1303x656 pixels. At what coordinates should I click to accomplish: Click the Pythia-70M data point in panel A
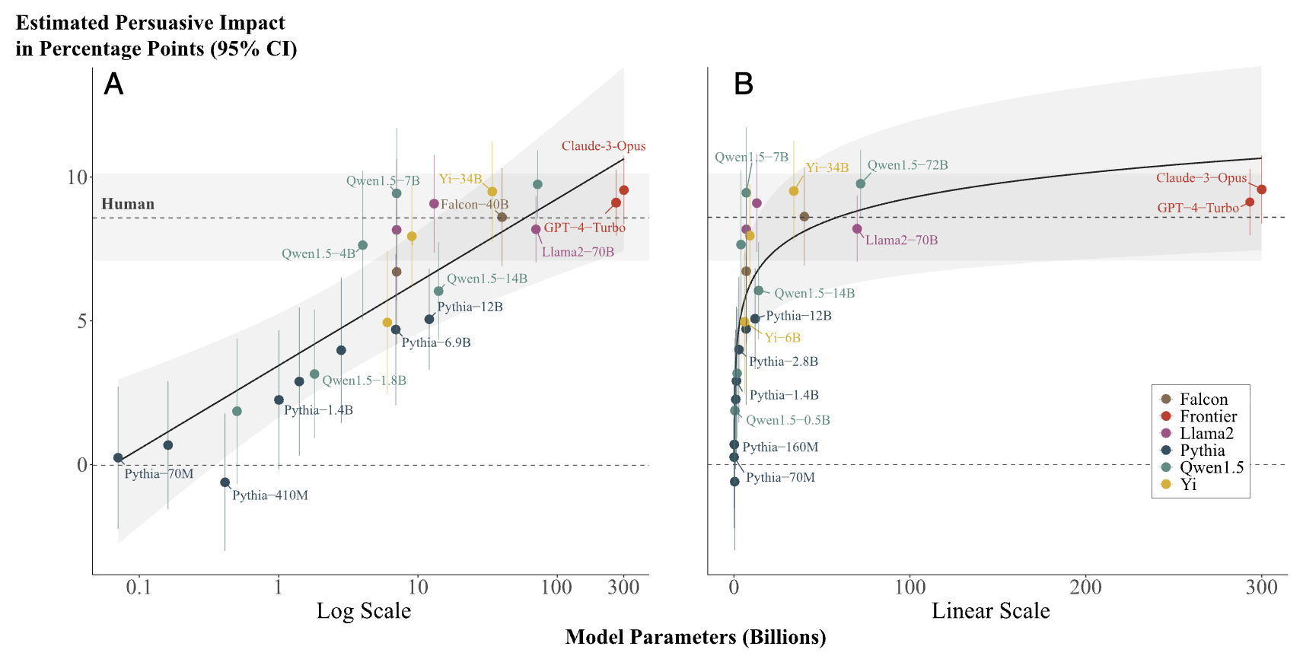[118, 458]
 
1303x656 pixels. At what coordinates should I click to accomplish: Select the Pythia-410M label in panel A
[269, 495]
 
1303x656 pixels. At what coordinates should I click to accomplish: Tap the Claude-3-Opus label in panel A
[604, 146]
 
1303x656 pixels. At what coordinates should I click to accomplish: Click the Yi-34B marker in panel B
[794, 191]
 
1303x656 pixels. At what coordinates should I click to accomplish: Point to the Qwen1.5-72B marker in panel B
[861, 183]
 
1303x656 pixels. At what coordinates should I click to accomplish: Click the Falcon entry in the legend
[1203, 400]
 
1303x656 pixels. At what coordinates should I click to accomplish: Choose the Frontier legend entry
[1208, 416]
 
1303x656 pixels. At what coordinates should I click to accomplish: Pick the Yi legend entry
[1188, 484]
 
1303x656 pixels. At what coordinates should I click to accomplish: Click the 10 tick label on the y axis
[77, 177]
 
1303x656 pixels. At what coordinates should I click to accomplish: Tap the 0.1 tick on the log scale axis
[139, 588]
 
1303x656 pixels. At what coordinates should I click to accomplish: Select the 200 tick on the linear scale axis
[1085, 588]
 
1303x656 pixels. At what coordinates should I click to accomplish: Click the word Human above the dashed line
[128, 204]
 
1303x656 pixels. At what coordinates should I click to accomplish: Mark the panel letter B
[743, 84]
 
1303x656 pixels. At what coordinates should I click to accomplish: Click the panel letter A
[113, 84]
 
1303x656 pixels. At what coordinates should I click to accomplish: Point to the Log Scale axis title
[364, 611]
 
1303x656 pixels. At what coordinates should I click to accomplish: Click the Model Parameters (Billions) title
[695, 637]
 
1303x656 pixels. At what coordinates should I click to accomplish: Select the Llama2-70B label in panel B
[901, 240]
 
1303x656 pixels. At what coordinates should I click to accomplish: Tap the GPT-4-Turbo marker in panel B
[1250, 202]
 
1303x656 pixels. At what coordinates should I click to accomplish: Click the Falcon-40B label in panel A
[474, 205]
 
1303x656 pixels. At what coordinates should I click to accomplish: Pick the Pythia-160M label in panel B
[780, 447]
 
